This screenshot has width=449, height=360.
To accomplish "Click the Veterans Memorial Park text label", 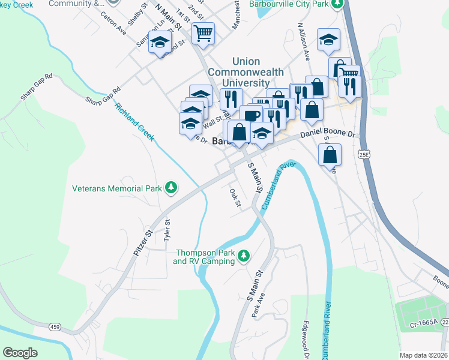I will point(117,188).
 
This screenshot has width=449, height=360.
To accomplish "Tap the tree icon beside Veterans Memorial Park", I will point(171,188).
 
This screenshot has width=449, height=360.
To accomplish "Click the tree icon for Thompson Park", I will point(244,256).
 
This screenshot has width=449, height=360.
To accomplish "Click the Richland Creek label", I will point(135,122).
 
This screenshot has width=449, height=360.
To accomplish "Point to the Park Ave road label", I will point(258,305).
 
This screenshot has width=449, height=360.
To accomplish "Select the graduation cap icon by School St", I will point(160,43).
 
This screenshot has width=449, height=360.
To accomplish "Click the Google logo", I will point(20,353).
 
